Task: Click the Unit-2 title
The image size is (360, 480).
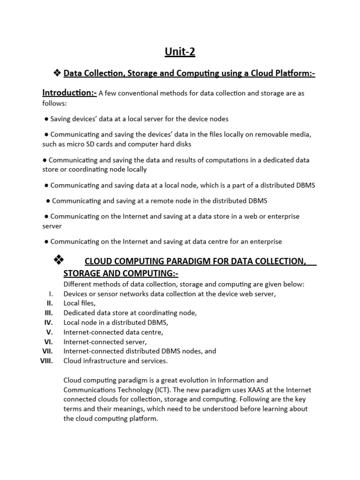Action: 180,52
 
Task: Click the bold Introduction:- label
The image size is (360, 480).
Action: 69,93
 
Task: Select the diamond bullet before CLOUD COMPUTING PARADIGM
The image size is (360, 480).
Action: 59,259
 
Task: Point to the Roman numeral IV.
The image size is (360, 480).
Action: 49,322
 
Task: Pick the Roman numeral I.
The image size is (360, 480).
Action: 51,294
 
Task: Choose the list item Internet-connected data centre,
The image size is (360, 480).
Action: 113,332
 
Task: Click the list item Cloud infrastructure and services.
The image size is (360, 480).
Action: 115,361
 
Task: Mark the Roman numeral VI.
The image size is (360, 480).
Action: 49,342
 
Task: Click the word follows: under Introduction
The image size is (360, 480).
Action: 54,103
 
